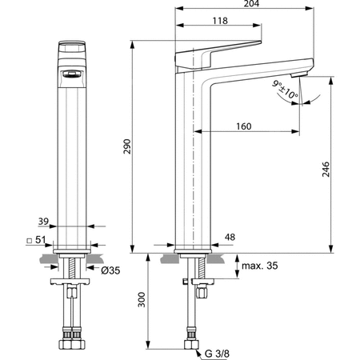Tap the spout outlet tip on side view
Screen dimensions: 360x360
click(298, 74)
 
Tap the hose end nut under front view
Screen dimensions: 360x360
click(70, 347)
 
